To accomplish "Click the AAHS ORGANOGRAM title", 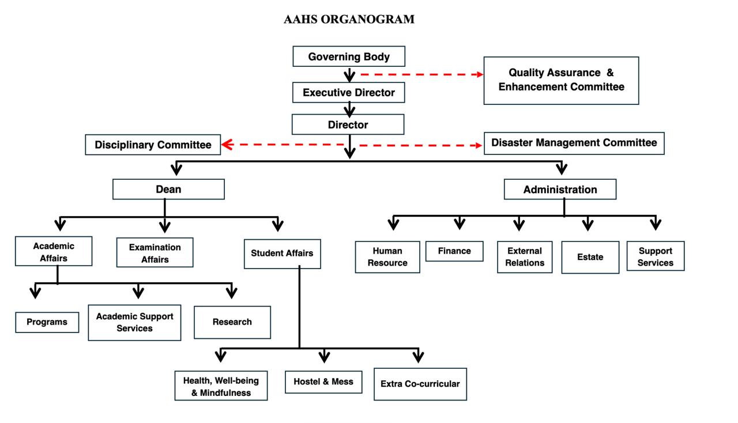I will [x=349, y=19].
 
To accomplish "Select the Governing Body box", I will [x=349, y=56].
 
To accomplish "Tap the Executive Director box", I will [x=349, y=92].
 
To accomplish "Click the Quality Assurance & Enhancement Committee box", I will [x=561, y=80].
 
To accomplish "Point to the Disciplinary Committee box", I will [x=153, y=145].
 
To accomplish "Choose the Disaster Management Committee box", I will [x=574, y=143].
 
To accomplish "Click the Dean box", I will [x=168, y=189].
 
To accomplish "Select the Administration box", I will [x=560, y=189].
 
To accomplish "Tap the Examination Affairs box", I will [x=155, y=253].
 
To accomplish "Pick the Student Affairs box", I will [x=282, y=253].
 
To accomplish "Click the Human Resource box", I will [x=387, y=256].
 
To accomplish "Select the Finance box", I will [x=454, y=251].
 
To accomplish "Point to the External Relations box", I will [x=525, y=256].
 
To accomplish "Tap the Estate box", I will [x=590, y=257].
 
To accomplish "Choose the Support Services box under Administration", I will [x=655, y=256].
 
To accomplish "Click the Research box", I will [x=232, y=322].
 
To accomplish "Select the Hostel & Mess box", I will [x=323, y=382].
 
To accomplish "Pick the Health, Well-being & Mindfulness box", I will [x=221, y=386].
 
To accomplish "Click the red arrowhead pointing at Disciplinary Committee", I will [x=227, y=145].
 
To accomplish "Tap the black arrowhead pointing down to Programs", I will [x=36, y=293].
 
